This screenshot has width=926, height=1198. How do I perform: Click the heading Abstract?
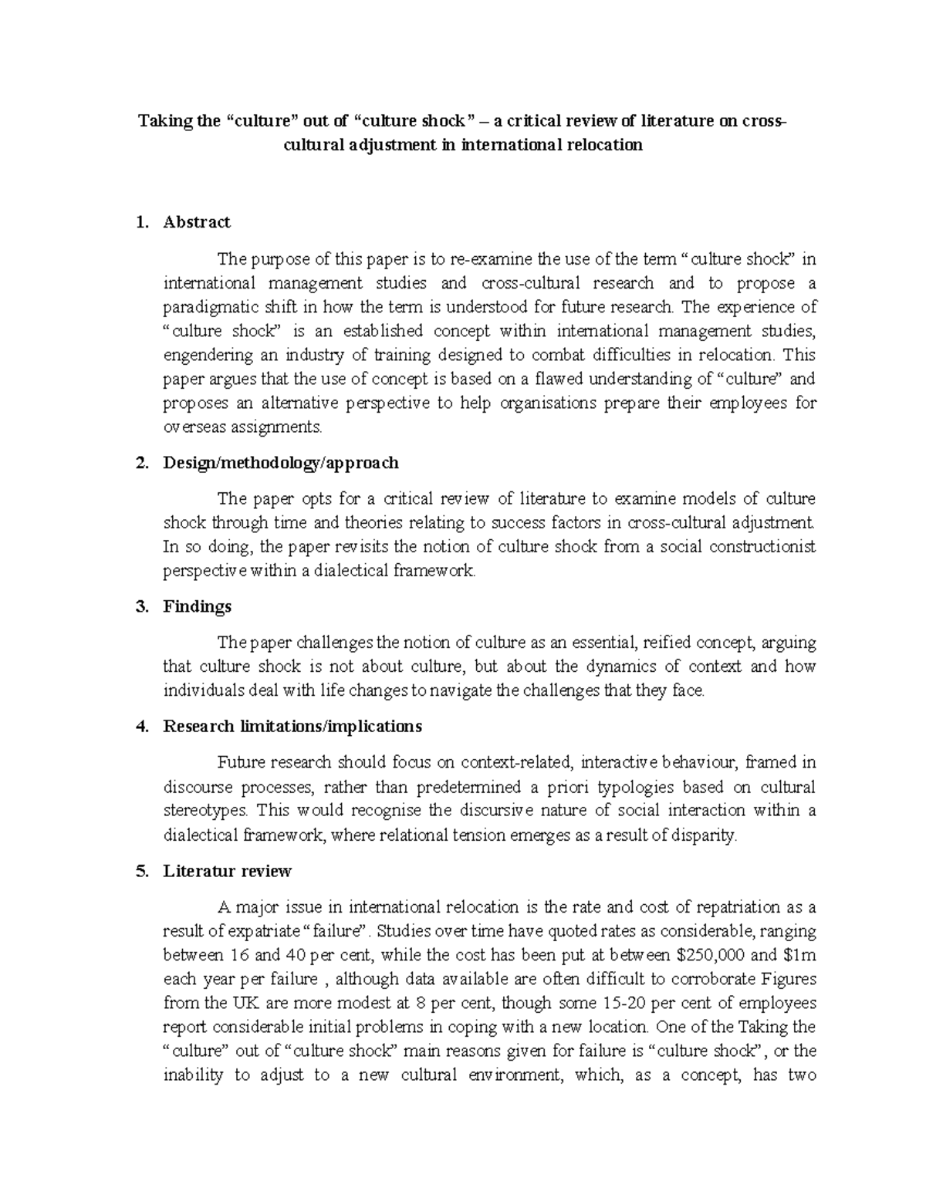[196, 222]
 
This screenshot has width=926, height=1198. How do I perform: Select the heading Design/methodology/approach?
[281, 463]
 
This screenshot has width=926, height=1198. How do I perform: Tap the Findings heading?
[197, 606]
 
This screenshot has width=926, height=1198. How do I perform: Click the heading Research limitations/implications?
[292, 727]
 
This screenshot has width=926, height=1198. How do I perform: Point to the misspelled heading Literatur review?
[227, 871]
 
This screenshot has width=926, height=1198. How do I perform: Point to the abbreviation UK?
[240, 1003]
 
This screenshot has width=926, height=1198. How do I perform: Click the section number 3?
[140, 606]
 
